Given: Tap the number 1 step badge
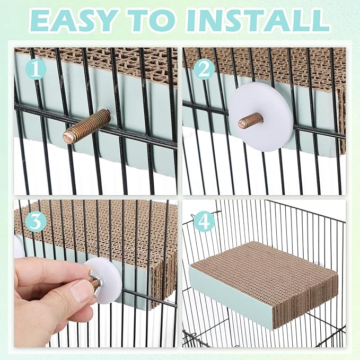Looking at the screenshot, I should point(36,69).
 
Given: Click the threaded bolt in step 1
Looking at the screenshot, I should point(86,127).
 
